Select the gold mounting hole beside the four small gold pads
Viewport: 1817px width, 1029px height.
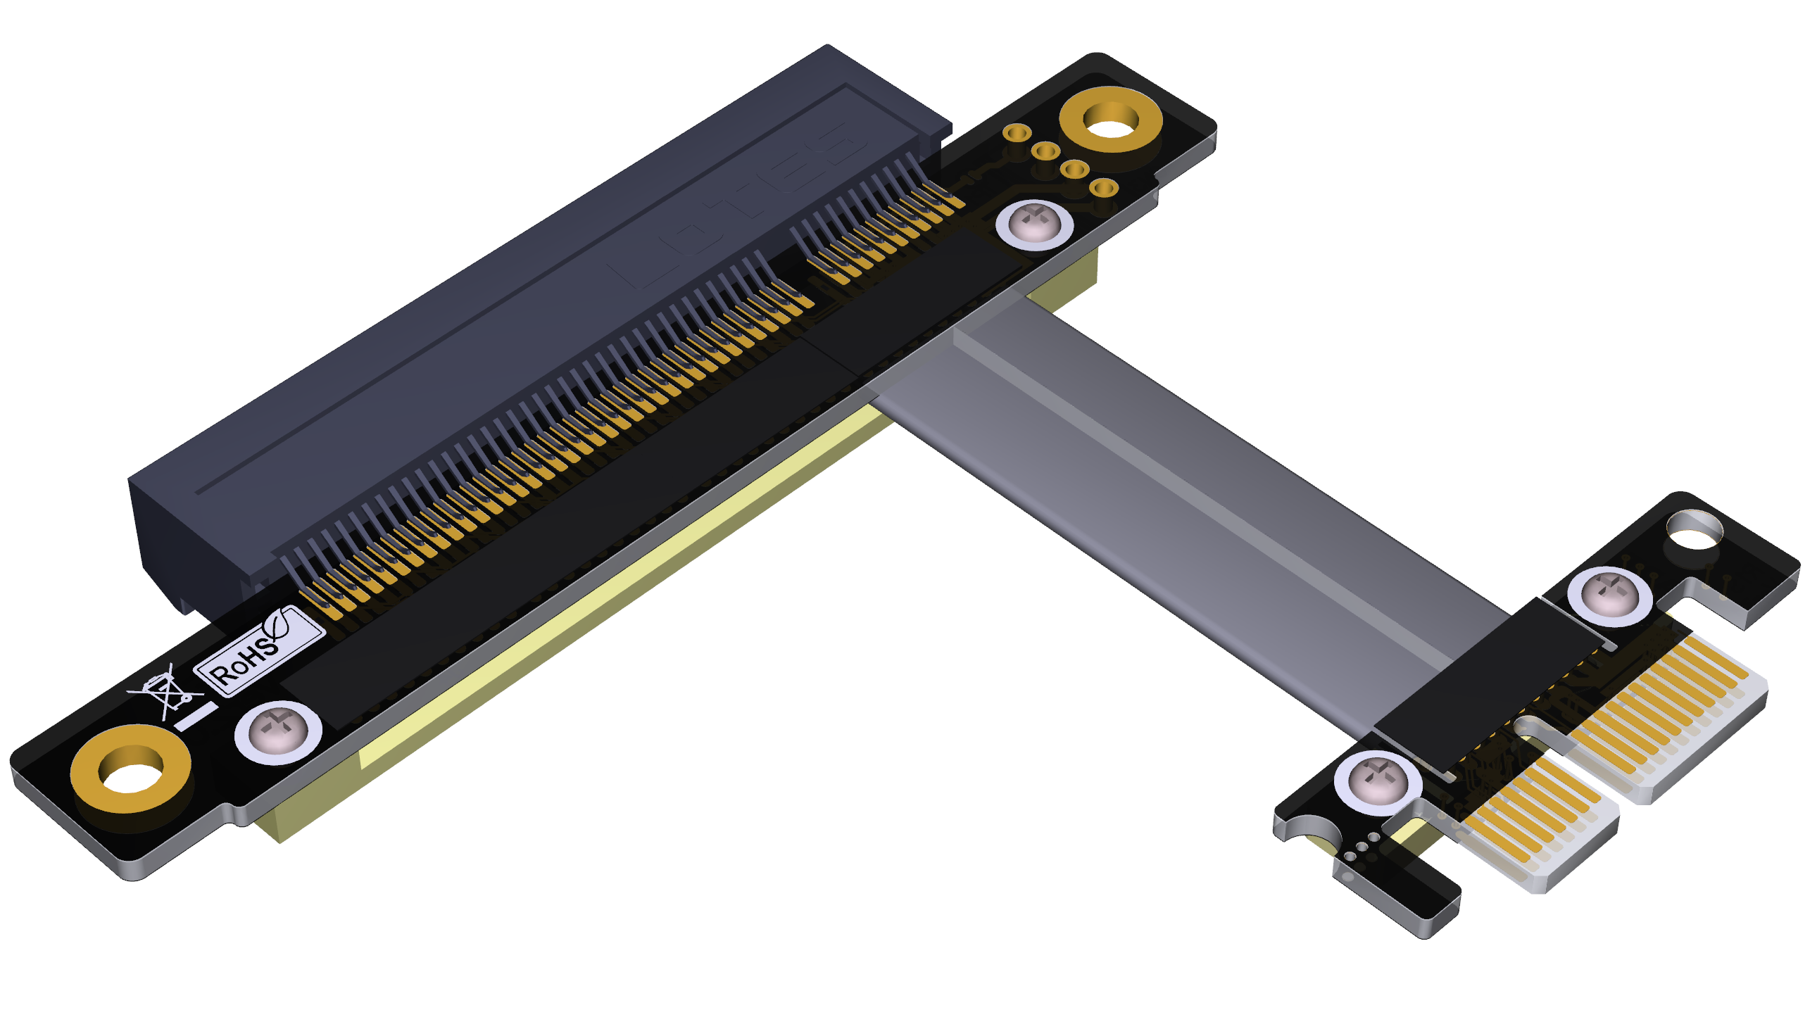tap(1110, 120)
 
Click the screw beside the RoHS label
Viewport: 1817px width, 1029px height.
tap(278, 732)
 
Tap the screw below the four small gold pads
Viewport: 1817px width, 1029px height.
tap(1034, 224)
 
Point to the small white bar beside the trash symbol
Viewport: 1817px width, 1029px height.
tap(196, 716)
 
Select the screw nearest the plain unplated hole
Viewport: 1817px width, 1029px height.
tap(1609, 595)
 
